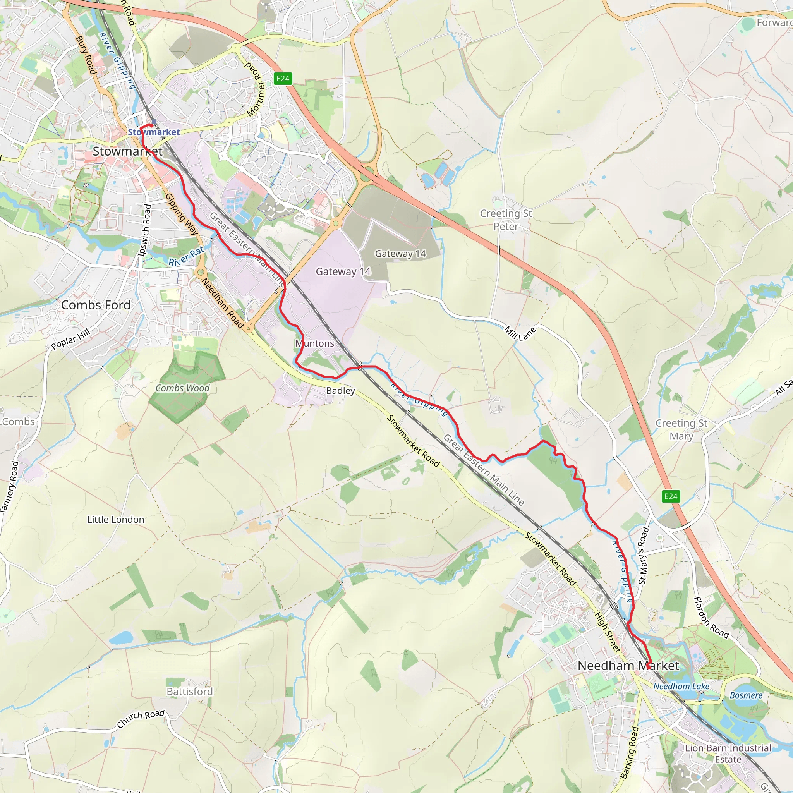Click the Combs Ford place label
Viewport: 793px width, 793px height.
point(96,305)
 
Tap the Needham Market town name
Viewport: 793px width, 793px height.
point(628,665)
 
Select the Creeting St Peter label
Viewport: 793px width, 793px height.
point(506,220)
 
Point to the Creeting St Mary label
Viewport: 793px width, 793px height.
point(681,429)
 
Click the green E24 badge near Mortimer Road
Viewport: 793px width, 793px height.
point(283,78)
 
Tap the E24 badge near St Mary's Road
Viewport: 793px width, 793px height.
point(671,496)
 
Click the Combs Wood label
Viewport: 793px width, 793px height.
point(183,388)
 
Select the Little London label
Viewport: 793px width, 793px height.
point(116,520)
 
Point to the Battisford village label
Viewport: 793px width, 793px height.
point(190,692)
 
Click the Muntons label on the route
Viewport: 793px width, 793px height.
point(315,343)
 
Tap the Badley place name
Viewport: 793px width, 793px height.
point(340,390)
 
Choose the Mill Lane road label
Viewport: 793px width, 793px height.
point(520,333)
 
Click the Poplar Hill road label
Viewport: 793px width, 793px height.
point(70,339)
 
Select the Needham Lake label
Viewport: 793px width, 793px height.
point(681,686)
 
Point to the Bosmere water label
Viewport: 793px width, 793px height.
point(746,695)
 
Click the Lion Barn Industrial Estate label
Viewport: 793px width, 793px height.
point(728,754)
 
